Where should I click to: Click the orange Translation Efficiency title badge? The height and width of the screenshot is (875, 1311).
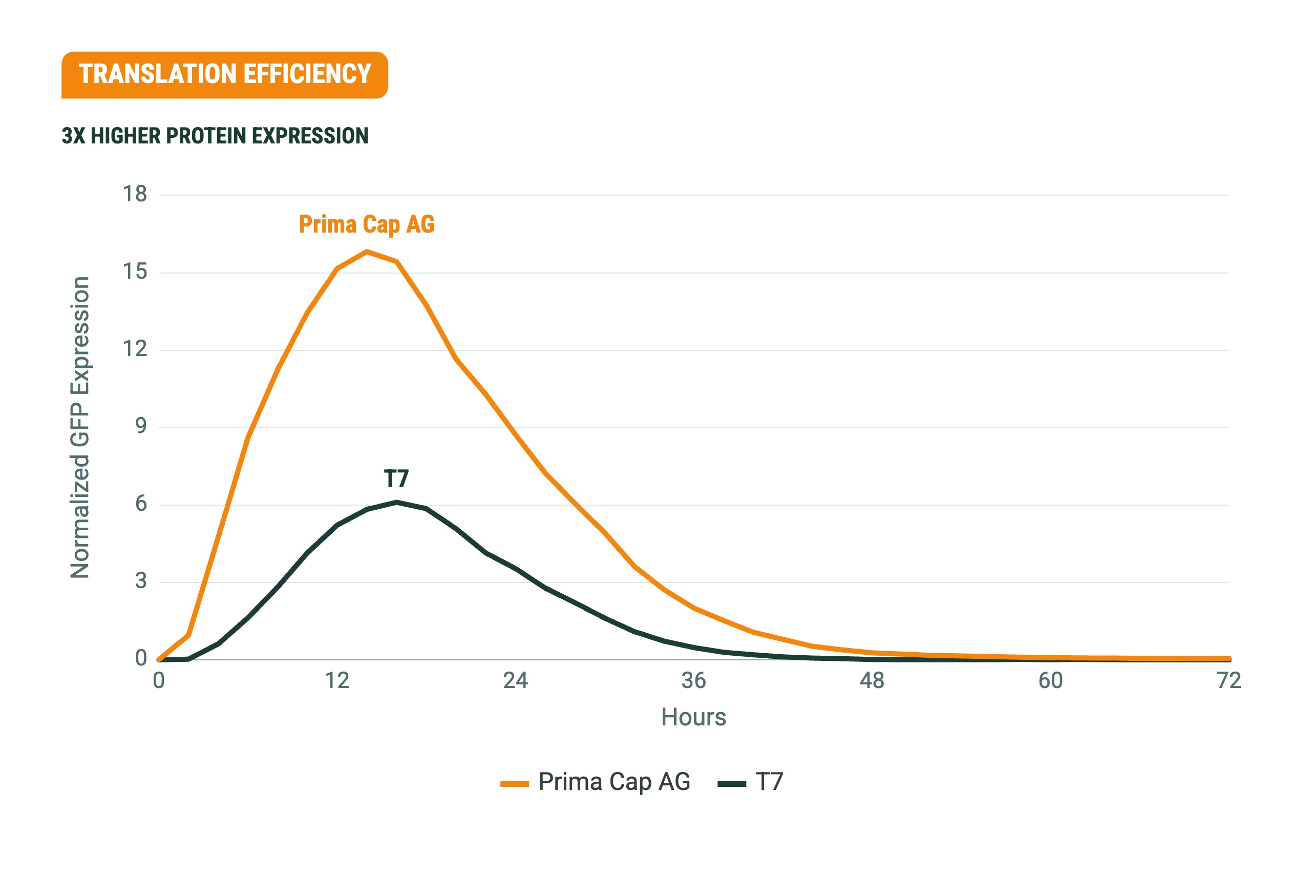(x=225, y=75)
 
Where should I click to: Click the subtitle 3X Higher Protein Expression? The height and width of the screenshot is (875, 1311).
(x=215, y=136)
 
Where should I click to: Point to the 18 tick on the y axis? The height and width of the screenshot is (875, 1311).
(x=135, y=194)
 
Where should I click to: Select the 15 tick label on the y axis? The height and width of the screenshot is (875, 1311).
(x=135, y=272)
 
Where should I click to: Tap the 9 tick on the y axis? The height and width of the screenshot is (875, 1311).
(x=141, y=426)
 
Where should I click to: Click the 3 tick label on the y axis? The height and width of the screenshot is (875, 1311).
(x=141, y=581)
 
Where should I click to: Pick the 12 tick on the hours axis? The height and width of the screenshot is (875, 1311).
(x=337, y=681)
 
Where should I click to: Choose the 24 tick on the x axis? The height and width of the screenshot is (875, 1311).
(x=516, y=681)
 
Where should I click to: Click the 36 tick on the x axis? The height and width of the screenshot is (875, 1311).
(x=693, y=681)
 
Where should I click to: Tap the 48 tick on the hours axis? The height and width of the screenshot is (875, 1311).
(x=872, y=681)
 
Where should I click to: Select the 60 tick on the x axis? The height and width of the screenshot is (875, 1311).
(x=1050, y=681)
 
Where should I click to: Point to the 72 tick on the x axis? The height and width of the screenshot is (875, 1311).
(x=1229, y=681)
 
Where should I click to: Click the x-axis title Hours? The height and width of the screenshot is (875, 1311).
(x=693, y=717)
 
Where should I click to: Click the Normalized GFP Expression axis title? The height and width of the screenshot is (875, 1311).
(x=80, y=427)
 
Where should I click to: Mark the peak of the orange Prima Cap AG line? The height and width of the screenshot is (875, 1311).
(x=367, y=252)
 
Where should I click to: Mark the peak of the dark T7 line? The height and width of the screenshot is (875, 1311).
(x=396, y=502)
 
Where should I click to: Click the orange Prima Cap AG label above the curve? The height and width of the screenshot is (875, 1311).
(x=367, y=224)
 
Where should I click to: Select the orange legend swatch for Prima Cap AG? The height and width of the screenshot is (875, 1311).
(x=514, y=784)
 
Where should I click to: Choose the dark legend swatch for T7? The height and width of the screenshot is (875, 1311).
(x=731, y=784)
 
